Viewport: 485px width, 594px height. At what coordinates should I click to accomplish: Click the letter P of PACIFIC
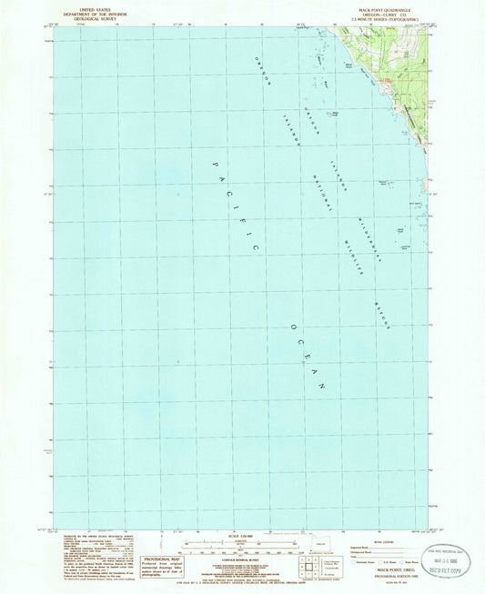click(x=216, y=166)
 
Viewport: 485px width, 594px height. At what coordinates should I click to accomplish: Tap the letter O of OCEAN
click(x=294, y=328)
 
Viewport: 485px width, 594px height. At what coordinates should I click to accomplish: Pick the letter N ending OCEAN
click(x=322, y=387)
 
